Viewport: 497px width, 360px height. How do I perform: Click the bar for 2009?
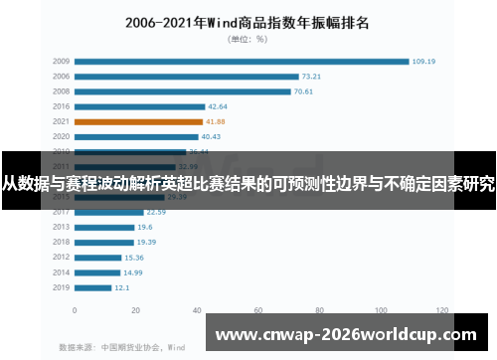click(242, 61)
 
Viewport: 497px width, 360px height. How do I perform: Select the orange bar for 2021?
click(139, 121)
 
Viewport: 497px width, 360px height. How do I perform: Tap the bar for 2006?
click(187, 76)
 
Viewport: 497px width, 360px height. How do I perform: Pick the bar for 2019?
click(93, 287)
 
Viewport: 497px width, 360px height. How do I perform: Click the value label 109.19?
click(425, 61)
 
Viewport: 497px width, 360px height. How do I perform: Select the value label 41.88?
click(218, 121)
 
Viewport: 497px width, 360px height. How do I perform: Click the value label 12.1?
click(122, 287)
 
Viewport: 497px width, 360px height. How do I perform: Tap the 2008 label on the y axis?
click(62, 91)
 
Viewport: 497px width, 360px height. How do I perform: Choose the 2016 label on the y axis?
click(62, 106)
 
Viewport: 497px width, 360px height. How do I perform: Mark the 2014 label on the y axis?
click(62, 272)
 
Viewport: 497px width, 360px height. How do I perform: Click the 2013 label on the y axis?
click(62, 227)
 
